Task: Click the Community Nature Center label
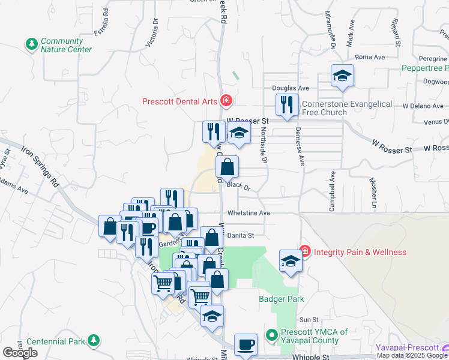tap(66, 45)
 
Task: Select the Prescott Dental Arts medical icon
tap(226, 101)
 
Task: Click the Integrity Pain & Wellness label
tap(359, 252)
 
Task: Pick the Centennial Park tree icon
tap(92, 341)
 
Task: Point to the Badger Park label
tap(281, 299)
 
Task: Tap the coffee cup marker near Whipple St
tap(246, 345)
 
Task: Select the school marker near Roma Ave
tap(342, 76)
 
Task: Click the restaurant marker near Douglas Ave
tap(286, 105)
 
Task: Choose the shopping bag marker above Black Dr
tap(228, 167)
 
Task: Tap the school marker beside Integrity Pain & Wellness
tap(291, 261)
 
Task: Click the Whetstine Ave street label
tap(249, 213)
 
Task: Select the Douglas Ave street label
tap(291, 88)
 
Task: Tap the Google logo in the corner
tap(20, 352)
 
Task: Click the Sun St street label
tap(309, 320)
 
